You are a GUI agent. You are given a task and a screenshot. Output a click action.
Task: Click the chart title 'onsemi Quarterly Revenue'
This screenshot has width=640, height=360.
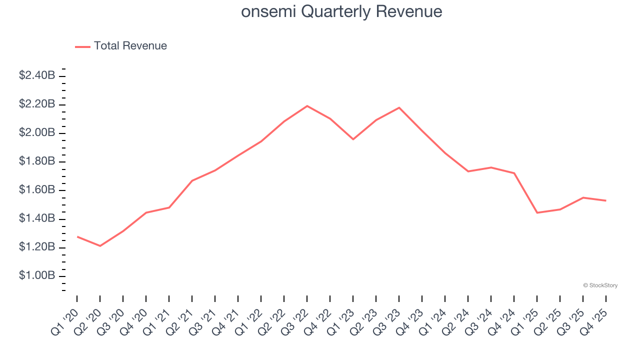coord(341,11)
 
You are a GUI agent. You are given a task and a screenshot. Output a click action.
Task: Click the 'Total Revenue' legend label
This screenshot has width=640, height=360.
coord(130,46)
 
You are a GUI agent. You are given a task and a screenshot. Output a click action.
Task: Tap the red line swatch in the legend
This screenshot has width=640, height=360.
coord(82,46)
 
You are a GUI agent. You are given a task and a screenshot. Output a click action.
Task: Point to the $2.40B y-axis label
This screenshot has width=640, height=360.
coord(37,75)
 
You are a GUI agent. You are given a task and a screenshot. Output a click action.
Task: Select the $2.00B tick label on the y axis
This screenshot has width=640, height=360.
coord(37,133)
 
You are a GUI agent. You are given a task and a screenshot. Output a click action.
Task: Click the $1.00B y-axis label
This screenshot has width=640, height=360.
coord(37,276)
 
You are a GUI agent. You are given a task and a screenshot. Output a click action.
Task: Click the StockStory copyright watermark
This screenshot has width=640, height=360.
coord(600,285)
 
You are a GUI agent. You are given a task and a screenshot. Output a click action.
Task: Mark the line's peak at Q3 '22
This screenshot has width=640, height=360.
coord(307,106)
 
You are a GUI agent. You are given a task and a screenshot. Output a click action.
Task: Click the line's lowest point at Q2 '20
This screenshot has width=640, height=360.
coord(100,246)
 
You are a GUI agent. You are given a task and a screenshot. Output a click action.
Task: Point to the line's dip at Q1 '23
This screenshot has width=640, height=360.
coord(353,139)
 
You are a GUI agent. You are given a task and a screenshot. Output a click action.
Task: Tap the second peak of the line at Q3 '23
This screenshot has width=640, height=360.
coord(399,107)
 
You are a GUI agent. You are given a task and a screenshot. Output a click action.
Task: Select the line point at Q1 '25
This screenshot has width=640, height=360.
coord(537,213)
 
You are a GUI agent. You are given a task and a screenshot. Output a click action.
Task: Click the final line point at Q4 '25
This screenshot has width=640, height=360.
coord(606,200)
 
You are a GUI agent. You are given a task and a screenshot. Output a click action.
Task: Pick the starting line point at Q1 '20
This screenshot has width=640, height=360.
coord(77,236)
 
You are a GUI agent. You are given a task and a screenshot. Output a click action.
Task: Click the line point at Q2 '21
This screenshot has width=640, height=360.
coord(192,180)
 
